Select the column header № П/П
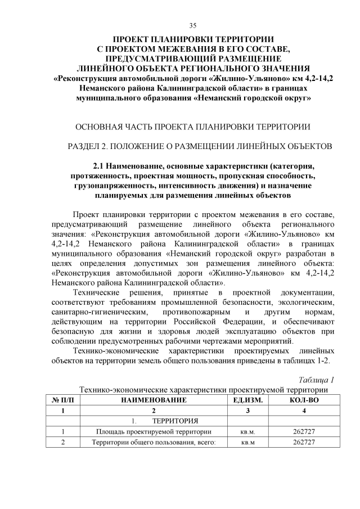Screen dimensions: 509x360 [62, 399]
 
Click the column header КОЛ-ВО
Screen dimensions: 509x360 [304, 399]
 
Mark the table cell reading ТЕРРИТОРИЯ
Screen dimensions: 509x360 [175, 421]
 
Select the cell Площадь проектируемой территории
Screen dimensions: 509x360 [152, 432]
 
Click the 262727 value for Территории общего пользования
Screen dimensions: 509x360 [304, 443]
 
